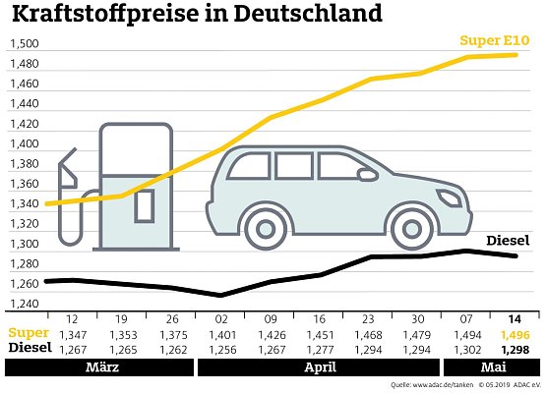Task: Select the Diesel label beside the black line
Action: coord(508,240)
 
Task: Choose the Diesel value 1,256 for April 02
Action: coord(221,348)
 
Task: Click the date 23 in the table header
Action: coord(369,320)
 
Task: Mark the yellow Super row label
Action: coord(23,334)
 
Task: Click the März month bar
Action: coord(98,367)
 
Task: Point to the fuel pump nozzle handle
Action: coord(68,172)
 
